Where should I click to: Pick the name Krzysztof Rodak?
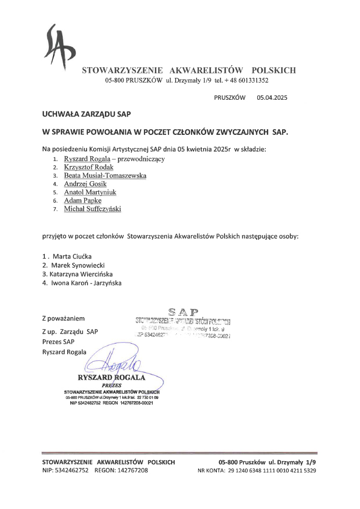[89, 167]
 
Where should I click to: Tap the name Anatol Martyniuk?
[90, 192]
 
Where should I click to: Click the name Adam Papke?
[79, 201]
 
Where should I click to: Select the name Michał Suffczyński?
[92, 209]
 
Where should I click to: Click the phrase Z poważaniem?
[63, 319]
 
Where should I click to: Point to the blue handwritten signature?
[117, 362]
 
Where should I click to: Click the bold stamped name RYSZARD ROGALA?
[112, 378]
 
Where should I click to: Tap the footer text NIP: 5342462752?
[65, 471]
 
